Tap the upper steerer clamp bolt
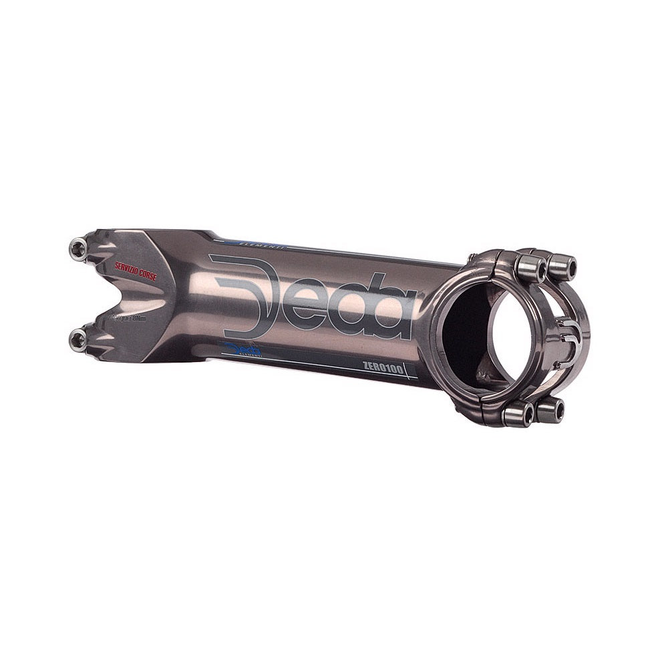[x=78, y=248]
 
